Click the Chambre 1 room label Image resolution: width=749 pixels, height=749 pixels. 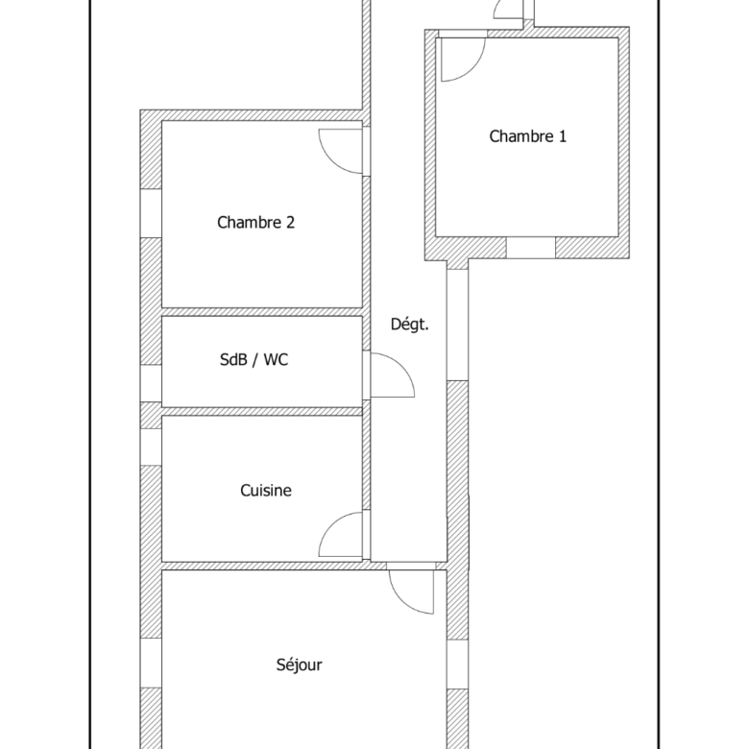pyautogui.click(x=528, y=136)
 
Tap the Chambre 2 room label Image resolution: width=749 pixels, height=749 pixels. pyautogui.click(x=256, y=222)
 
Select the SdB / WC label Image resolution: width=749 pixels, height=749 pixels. pyautogui.click(x=254, y=359)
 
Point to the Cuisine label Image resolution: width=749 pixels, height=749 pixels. pyautogui.click(x=266, y=490)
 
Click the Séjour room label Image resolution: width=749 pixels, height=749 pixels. pyautogui.click(x=300, y=664)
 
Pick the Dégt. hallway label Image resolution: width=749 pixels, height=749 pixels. pyautogui.click(x=410, y=325)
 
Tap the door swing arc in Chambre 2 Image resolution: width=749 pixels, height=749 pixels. pyautogui.click(x=331, y=160)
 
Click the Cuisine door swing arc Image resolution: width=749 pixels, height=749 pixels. pyautogui.click(x=331, y=525)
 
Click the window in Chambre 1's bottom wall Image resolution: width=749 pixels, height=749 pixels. pyautogui.click(x=531, y=248)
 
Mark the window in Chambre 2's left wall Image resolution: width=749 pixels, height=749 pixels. pyautogui.click(x=151, y=213)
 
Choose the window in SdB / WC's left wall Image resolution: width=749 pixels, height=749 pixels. pyautogui.click(x=151, y=383)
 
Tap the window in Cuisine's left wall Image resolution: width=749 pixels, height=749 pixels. pyautogui.click(x=151, y=447)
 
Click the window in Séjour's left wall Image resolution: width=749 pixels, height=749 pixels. pyautogui.click(x=151, y=663)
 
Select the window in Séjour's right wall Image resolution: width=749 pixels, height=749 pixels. pyautogui.click(x=458, y=664)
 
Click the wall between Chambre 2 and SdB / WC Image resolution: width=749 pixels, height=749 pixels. pyautogui.click(x=262, y=312)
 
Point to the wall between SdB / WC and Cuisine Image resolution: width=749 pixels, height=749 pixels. pyautogui.click(x=262, y=411)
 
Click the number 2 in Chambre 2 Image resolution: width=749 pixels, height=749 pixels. pyautogui.click(x=290, y=222)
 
